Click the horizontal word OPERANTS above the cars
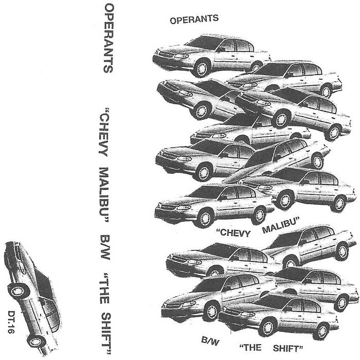[x=194, y=20]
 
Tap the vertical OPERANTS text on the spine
[x=109, y=39]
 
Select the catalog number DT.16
[x=11, y=322]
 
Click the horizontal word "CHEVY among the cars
[x=233, y=233]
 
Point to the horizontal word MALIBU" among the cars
[x=281, y=226]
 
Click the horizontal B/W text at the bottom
[x=210, y=340]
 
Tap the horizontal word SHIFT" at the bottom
[x=288, y=349]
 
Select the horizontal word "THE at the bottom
[x=250, y=348]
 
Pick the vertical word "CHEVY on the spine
[x=104, y=133]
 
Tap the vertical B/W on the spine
[x=105, y=247]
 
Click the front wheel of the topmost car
[x=202, y=68]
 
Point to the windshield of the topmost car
[x=203, y=43]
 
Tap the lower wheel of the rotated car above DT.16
[x=36, y=341]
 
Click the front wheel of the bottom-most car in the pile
[x=268, y=327]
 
